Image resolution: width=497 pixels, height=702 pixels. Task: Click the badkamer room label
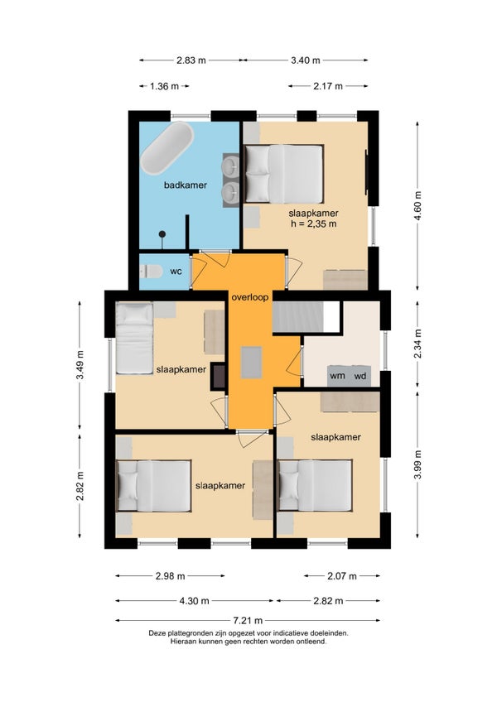pyautogui.click(x=185, y=185)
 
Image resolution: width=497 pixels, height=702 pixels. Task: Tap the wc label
pyautogui.click(x=176, y=272)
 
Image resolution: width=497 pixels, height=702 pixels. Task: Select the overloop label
pyautogui.click(x=250, y=297)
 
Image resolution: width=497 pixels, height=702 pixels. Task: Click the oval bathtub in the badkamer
pyautogui.click(x=167, y=148)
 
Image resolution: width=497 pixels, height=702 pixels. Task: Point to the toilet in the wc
pyautogui.click(x=151, y=272)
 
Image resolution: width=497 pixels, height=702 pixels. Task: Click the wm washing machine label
pyautogui.click(x=337, y=376)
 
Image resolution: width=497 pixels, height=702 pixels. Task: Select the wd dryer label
pyautogui.click(x=360, y=376)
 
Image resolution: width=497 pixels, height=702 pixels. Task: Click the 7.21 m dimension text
pyautogui.click(x=248, y=621)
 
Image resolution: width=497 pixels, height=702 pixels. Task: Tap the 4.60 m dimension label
pyautogui.click(x=418, y=205)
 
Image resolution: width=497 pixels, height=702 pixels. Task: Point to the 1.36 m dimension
pyautogui.click(x=165, y=86)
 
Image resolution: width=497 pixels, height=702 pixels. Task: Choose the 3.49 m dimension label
pyautogui.click(x=80, y=365)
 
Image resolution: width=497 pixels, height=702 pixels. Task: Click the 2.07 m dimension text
pyautogui.click(x=342, y=576)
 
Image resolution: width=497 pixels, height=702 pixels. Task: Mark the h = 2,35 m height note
pyautogui.click(x=314, y=224)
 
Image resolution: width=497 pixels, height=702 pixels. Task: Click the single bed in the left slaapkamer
pyautogui.click(x=134, y=338)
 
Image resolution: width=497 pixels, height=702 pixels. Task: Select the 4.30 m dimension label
pyautogui.click(x=194, y=601)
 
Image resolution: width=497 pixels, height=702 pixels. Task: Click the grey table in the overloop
pyautogui.click(x=251, y=363)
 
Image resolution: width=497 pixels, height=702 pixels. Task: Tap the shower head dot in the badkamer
pyautogui.click(x=162, y=234)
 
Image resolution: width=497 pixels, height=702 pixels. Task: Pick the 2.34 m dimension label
pyautogui.click(x=418, y=344)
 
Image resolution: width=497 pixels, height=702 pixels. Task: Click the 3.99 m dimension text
pyautogui.click(x=418, y=464)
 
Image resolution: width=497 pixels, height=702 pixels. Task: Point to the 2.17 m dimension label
pyautogui.click(x=328, y=86)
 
